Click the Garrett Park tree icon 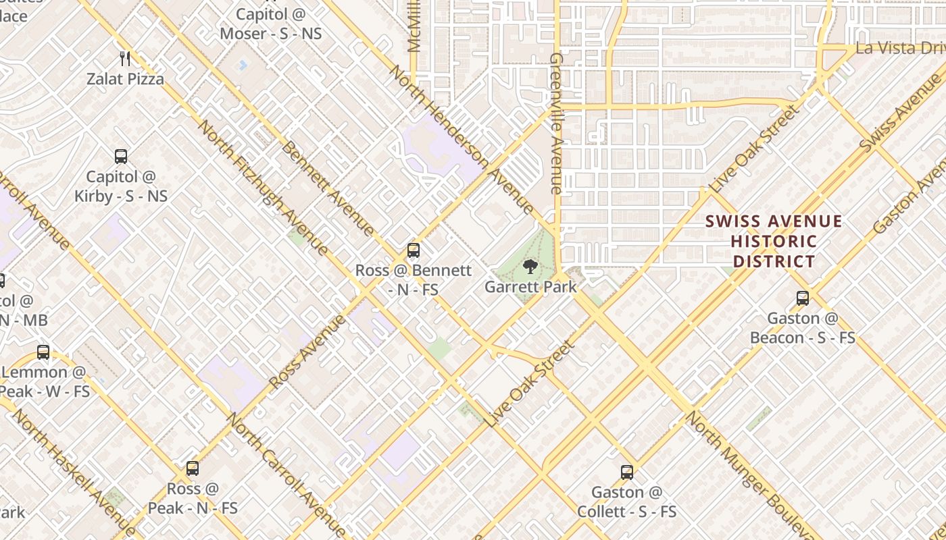530,266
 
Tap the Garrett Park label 530,287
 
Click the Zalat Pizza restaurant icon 124,59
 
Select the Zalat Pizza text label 125,79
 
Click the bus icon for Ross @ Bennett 414,250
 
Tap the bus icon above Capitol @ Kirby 121,157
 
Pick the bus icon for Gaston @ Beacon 803,298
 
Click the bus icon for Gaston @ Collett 627,472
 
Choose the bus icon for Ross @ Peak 193,468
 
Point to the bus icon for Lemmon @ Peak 43,352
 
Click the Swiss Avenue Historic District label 774,241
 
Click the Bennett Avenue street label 328,189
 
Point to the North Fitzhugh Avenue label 264,188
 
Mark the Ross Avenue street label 308,350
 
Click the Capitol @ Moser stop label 270,24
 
